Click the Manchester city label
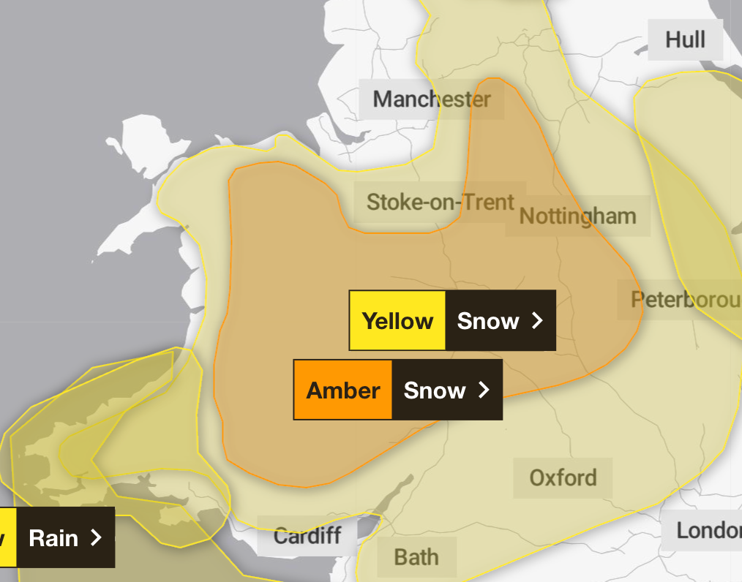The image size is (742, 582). [x=432, y=99]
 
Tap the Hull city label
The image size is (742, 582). [x=685, y=39]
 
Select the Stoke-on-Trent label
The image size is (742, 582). [x=441, y=202]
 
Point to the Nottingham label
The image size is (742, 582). [x=577, y=216]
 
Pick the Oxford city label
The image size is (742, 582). [x=563, y=478]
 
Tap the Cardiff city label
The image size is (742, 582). [x=307, y=536]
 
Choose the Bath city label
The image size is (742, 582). [x=416, y=557]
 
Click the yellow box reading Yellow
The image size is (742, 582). [x=397, y=321]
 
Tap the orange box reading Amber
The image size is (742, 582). [x=343, y=390]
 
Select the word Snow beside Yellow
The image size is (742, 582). [x=488, y=321]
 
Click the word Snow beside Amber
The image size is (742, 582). [x=435, y=390]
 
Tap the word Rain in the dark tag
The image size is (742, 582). [x=53, y=538]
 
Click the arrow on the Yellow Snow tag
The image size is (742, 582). [x=538, y=321]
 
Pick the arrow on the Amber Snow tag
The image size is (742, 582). [x=484, y=390]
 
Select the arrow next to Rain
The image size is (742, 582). [x=95, y=538]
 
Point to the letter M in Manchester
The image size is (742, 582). [x=383, y=99]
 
